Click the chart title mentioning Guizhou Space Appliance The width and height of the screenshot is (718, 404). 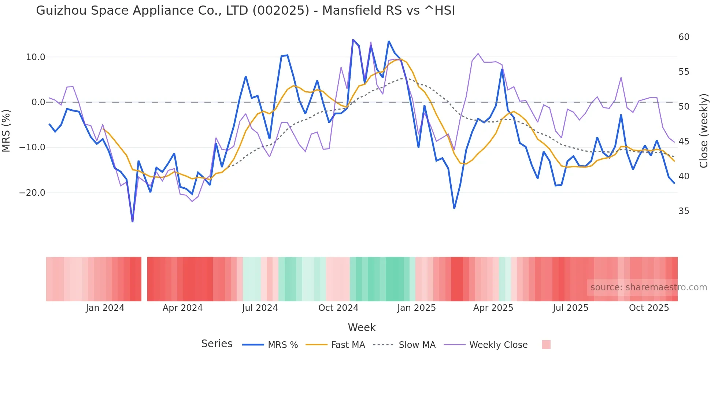pyautogui.click(x=245, y=11)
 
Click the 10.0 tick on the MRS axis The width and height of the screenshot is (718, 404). pyautogui.click(x=36, y=57)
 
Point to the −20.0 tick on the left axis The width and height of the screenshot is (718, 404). pyautogui.click(x=32, y=193)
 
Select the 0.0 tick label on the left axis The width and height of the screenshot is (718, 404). pyautogui.click(x=38, y=102)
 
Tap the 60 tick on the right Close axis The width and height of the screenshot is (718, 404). pyautogui.click(x=684, y=37)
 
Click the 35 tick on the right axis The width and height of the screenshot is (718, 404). pyautogui.click(x=684, y=211)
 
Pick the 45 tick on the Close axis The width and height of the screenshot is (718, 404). pyautogui.click(x=684, y=142)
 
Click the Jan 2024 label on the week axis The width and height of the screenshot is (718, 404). pyautogui.click(x=105, y=308)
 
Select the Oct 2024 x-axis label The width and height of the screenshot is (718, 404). pyautogui.click(x=338, y=308)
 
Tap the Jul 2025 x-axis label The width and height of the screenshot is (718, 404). pyautogui.click(x=570, y=308)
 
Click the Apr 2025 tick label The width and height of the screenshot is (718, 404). pyautogui.click(x=493, y=308)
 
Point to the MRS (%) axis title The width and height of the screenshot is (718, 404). pyautogui.click(x=6, y=131)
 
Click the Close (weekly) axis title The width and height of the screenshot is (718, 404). pyautogui.click(x=704, y=131)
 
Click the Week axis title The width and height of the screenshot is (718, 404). pyautogui.click(x=362, y=327)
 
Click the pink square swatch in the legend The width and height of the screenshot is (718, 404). pyautogui.click(x=546, y=345)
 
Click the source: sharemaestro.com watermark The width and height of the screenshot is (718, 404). pyautogui.click(x=648, y=287)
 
